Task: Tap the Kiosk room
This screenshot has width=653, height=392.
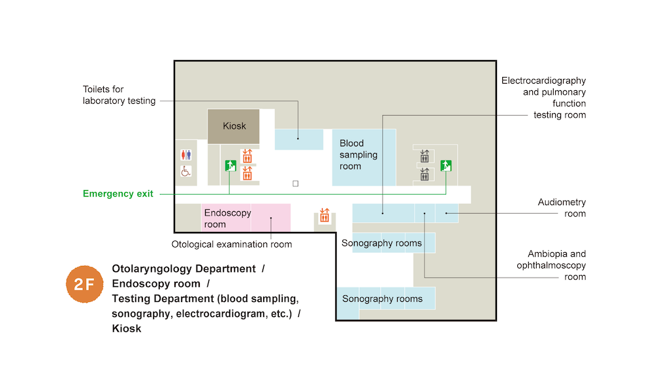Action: tap(233, 126)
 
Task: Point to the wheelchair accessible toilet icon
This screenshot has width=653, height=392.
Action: tap(185, 171)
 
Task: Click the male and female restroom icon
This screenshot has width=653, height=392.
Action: tap(185, 155)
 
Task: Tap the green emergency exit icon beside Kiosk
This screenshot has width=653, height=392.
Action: tap(229, 165)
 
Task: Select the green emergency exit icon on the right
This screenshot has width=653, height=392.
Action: tap(446, 165)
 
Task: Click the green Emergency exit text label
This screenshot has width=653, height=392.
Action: tap(118, 194)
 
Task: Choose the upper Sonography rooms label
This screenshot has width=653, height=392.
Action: tap(382, 244)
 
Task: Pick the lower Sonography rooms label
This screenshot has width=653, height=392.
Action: tap(383, 299)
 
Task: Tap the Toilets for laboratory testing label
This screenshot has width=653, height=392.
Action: tap(119, 95)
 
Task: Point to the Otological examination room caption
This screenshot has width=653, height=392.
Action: tap(232, 244)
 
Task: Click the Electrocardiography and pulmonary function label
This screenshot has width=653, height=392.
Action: tap(544, 97)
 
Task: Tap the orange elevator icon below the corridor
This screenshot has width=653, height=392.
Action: tap(325, 216)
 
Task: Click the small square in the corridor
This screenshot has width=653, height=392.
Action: tap(295, 184)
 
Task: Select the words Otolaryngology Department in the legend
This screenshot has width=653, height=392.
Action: tap(183, 269)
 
